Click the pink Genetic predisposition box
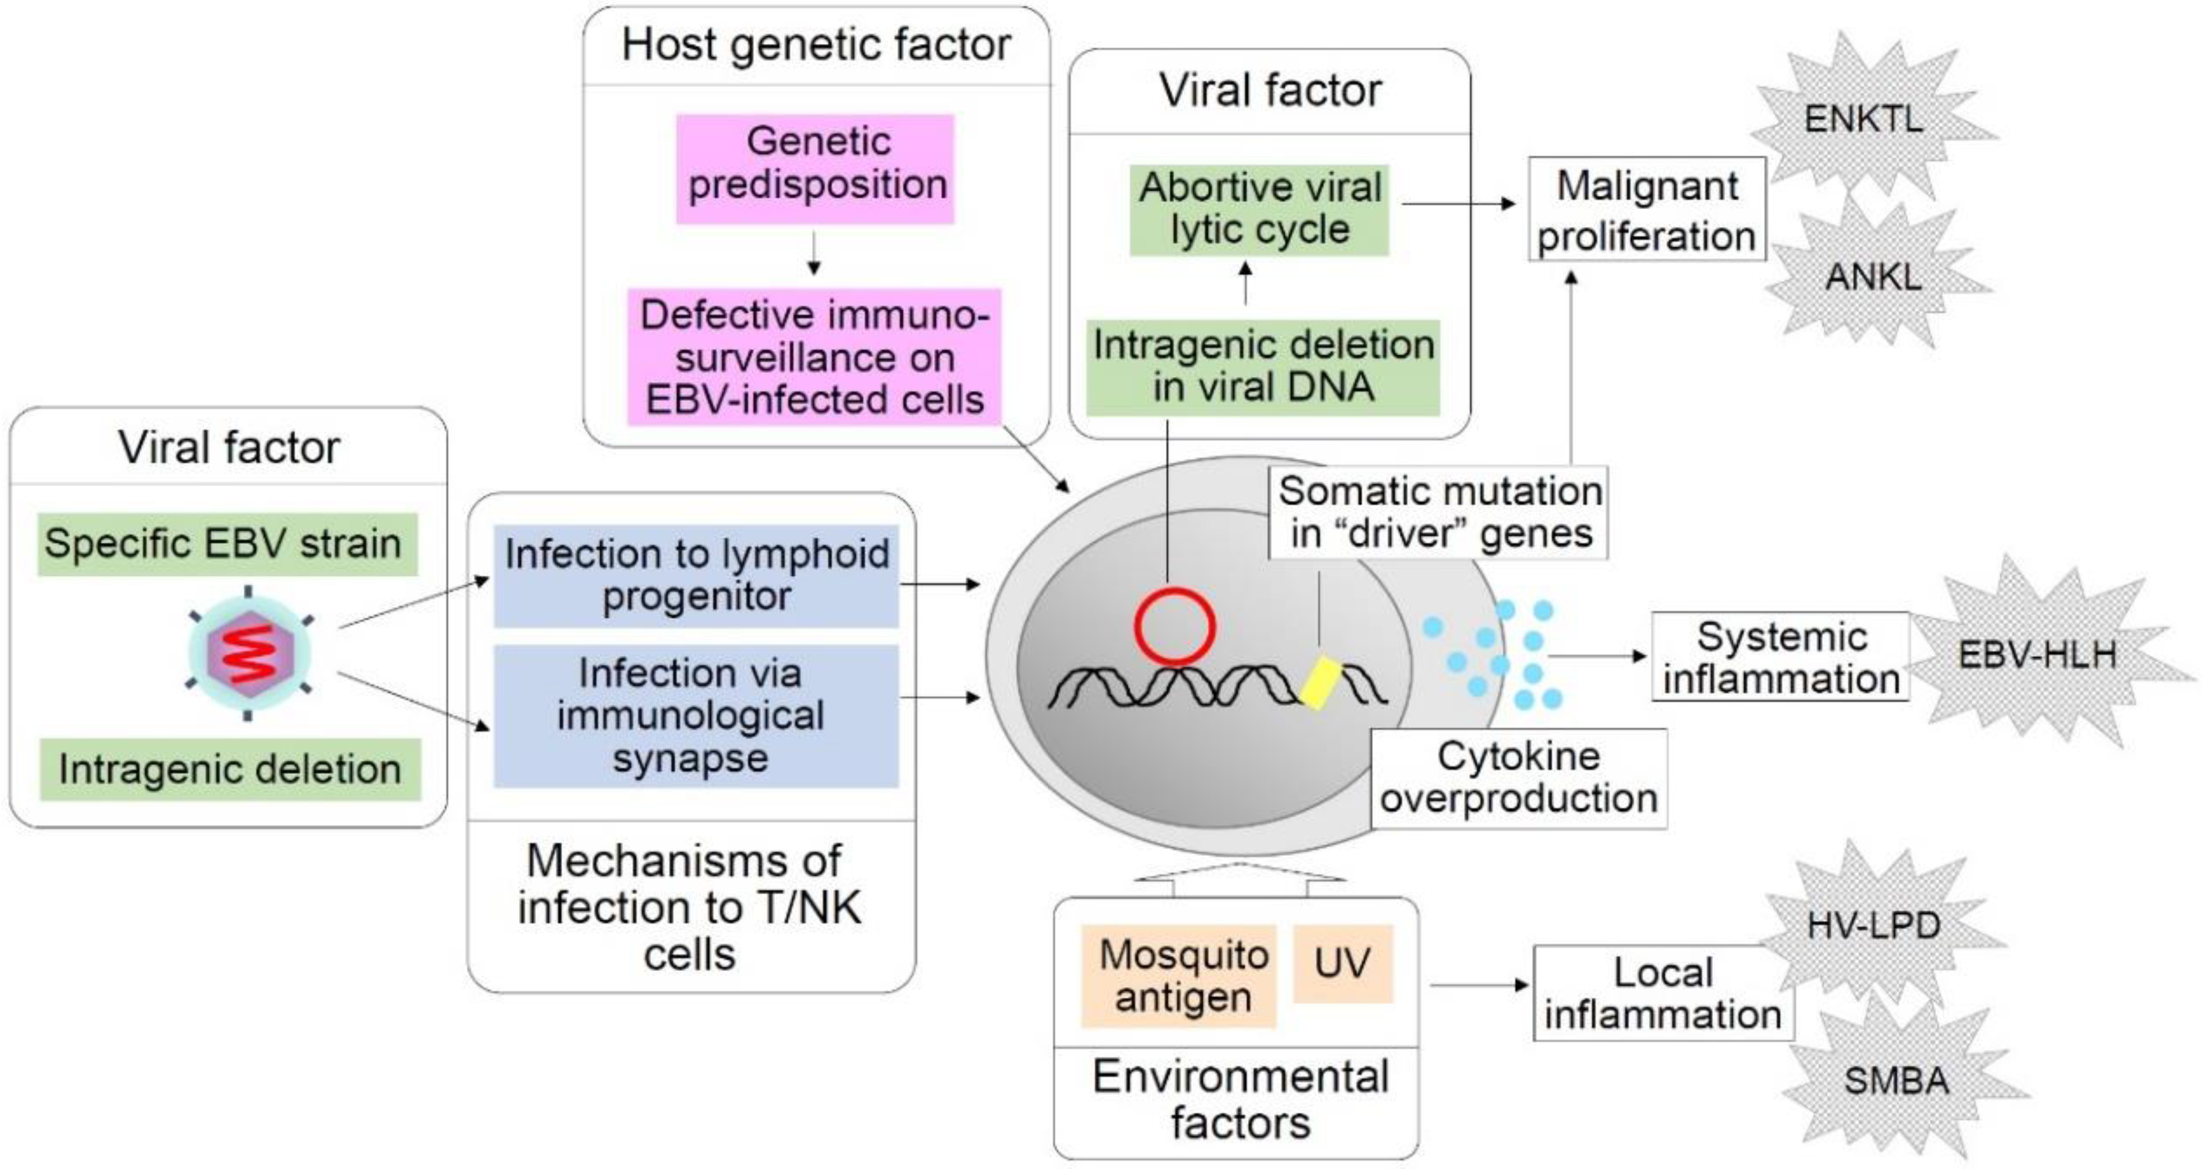coord(815,168)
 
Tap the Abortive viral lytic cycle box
coord(1259,210)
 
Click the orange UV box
coord(1343,963)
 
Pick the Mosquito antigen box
coord(1179,975)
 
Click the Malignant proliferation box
coord(1647,210)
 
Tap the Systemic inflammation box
coord(1781,657)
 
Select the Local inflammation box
coord(1662,993)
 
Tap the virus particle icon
coord(249,654)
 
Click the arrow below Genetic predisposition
coord(814,254)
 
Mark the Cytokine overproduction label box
coord(1519,778)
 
